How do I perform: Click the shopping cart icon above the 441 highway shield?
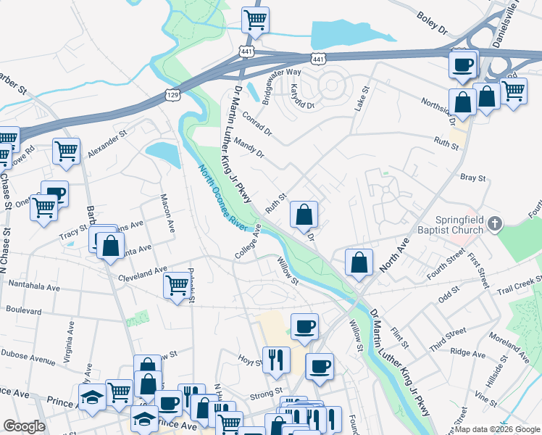[x=254, y=20]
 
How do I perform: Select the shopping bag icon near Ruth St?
[x=304, y=215]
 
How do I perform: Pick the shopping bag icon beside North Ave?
[x=359, y=263]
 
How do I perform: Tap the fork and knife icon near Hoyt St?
[x=276, y=359]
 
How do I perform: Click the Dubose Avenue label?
[x=28, y=357]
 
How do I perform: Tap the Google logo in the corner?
[x=24, y=426]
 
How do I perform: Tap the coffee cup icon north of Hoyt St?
[x=304, y=326]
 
